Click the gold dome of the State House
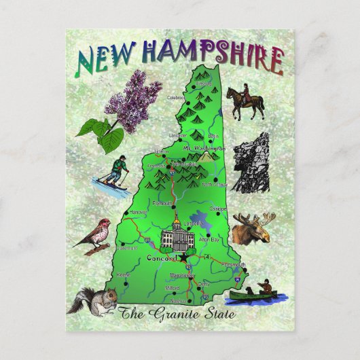pyautogui.click(x=176, y=223)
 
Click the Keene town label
pyautogui.click(x=122, y=274)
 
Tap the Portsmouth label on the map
pyautogui.click(x=232, y=264)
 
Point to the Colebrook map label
pyautogui.click(x=177, y=97)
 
